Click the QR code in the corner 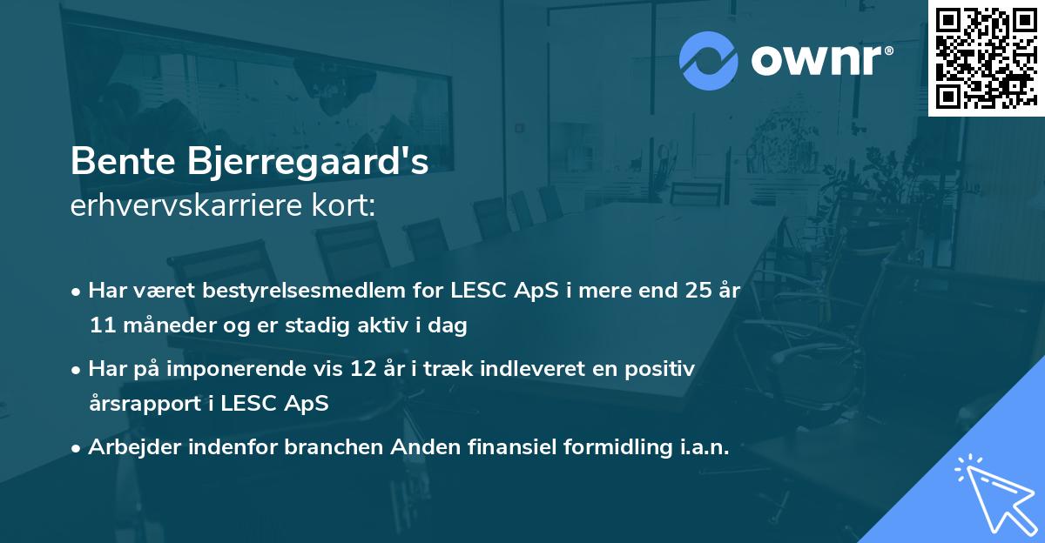(x=986, y=57)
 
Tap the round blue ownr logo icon (x=708, y=61)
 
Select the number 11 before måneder (x=101, y=326)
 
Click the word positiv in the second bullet (x=662, y=369)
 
